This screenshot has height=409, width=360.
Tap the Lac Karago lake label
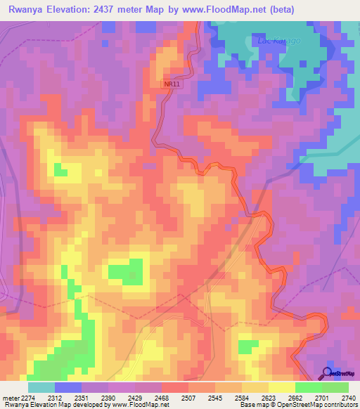coord(279,40)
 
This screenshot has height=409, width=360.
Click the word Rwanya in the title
coord(29,9)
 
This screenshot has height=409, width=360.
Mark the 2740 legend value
coord(349,398)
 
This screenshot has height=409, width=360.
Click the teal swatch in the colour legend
coord(41,387)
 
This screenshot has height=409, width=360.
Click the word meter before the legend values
coord(11,398)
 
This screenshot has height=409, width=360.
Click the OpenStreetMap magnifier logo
coord(327,372)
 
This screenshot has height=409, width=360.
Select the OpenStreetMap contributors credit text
coord(319,405)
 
